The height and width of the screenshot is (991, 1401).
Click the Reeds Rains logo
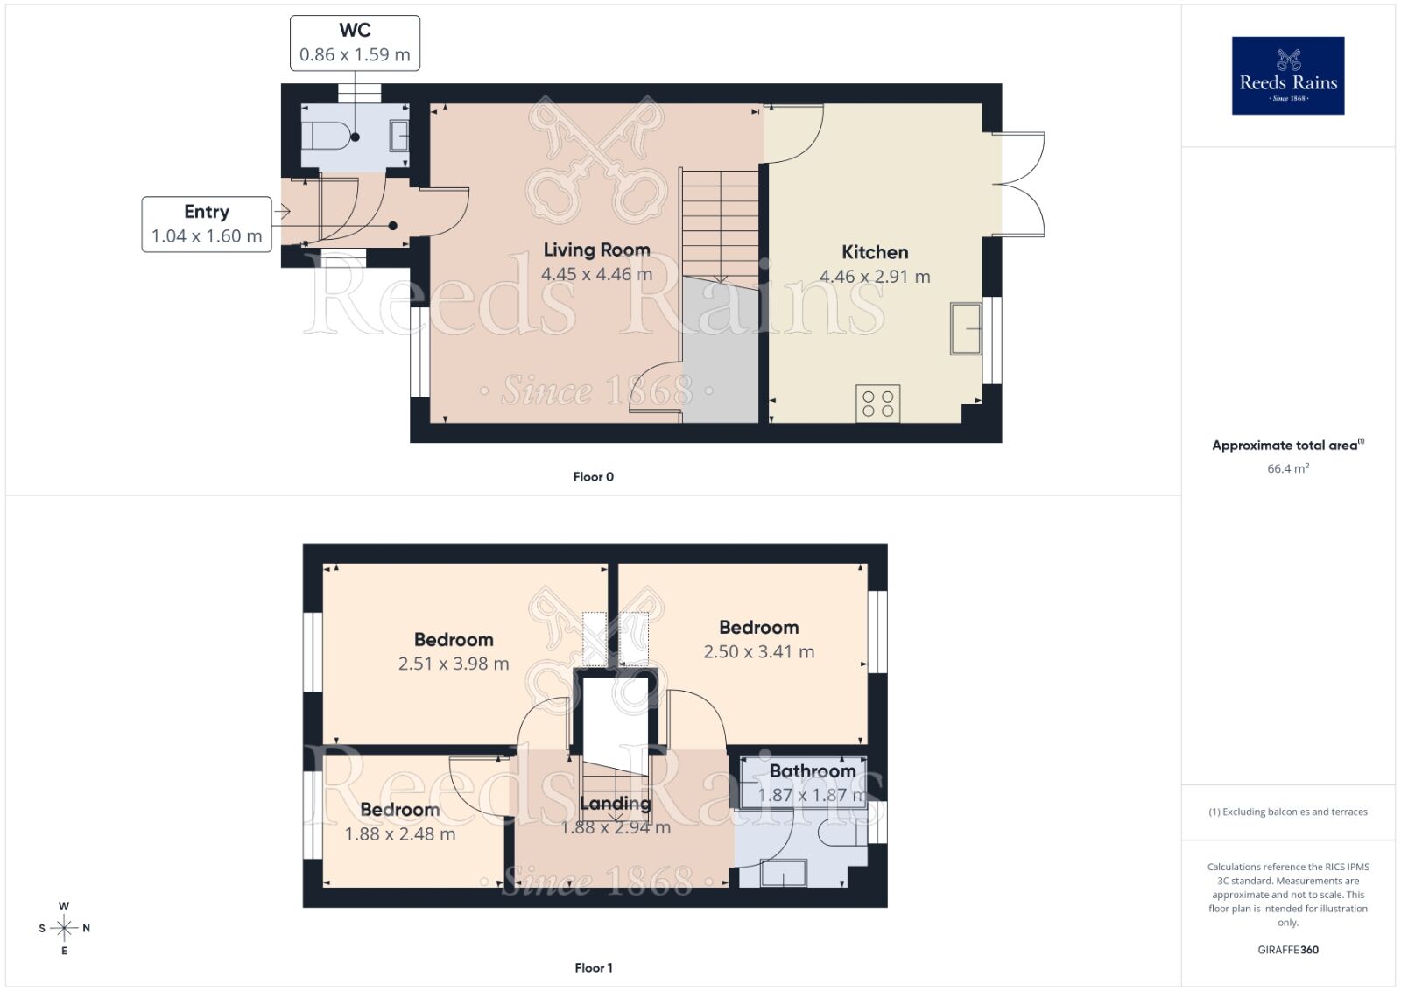point(1288,75)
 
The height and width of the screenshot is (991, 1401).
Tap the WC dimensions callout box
point(355,43)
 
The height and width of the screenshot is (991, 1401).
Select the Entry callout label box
point(207,224)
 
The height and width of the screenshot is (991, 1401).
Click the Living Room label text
point(596,250)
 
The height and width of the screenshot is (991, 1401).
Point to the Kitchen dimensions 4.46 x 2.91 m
point(875,277)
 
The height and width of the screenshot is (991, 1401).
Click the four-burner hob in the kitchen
point(877,404)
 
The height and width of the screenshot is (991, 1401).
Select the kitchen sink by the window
point(966,328)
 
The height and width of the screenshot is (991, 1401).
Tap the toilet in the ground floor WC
point(327,136)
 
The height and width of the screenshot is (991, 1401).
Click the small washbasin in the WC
point(399,136)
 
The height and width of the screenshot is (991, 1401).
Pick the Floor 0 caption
point(594,477)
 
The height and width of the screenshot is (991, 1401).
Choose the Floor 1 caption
point(594,968)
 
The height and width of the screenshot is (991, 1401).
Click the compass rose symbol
point(64,928)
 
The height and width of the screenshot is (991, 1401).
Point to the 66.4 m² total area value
point(1288,468)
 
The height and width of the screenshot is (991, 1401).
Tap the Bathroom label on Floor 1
point(813,771)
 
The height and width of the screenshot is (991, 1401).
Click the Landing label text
point(616,804)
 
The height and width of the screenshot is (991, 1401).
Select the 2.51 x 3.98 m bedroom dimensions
point(454,664)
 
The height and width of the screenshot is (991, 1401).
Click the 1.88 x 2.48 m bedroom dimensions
point(399,834)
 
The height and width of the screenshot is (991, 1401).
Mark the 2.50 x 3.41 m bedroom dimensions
point(758,651)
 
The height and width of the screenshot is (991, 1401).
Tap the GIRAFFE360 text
point(1288,950)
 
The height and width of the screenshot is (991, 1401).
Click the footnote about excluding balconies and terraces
point(1288,812)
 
